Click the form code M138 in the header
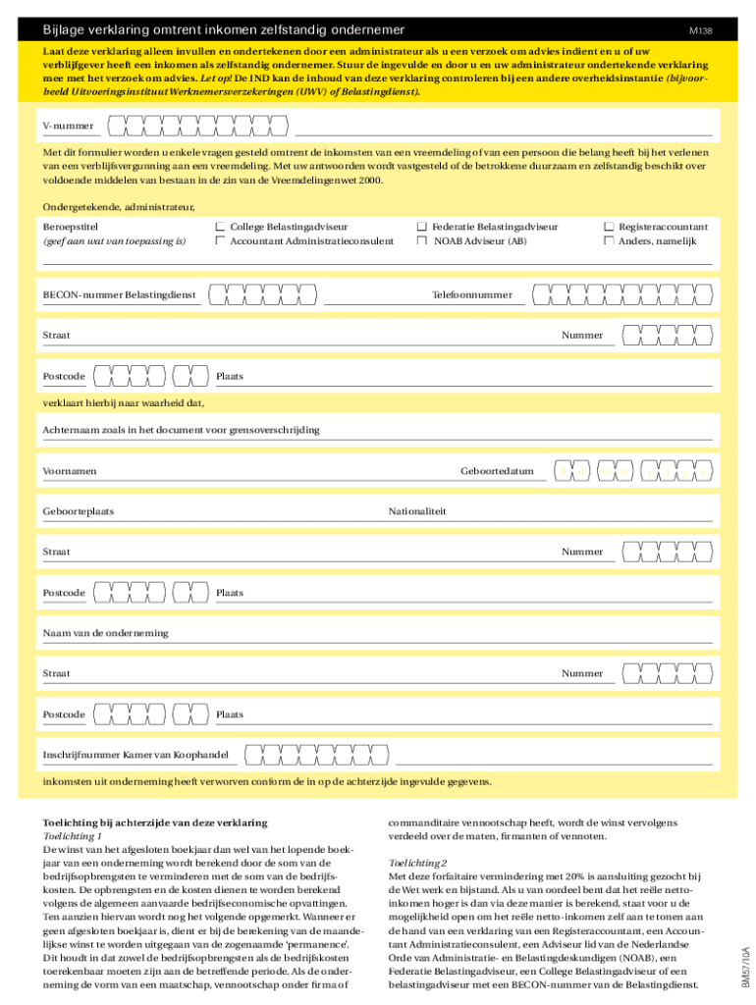click(x=700, y=31)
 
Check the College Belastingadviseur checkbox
click(x=221, y=227)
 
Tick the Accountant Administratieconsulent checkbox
click(x=221, y=240)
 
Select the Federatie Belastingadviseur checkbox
click(x=422, y=227)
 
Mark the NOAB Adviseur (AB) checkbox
click(x=422, y=240)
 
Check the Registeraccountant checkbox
click(x=609, y=227)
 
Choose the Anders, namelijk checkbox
click(x=609, y=240)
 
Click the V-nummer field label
click(x=69, y=126)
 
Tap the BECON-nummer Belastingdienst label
click(x=119, y=294)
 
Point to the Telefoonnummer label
click(x=472, y=294)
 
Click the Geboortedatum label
click(x=497, y=471)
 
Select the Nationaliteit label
click(x=417, y=511)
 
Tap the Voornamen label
click(x=70, y=471)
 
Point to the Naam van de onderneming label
click(x=105, y=633)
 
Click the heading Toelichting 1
click(x=73, y=835)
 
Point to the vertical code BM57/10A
click(x=746, y=967)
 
